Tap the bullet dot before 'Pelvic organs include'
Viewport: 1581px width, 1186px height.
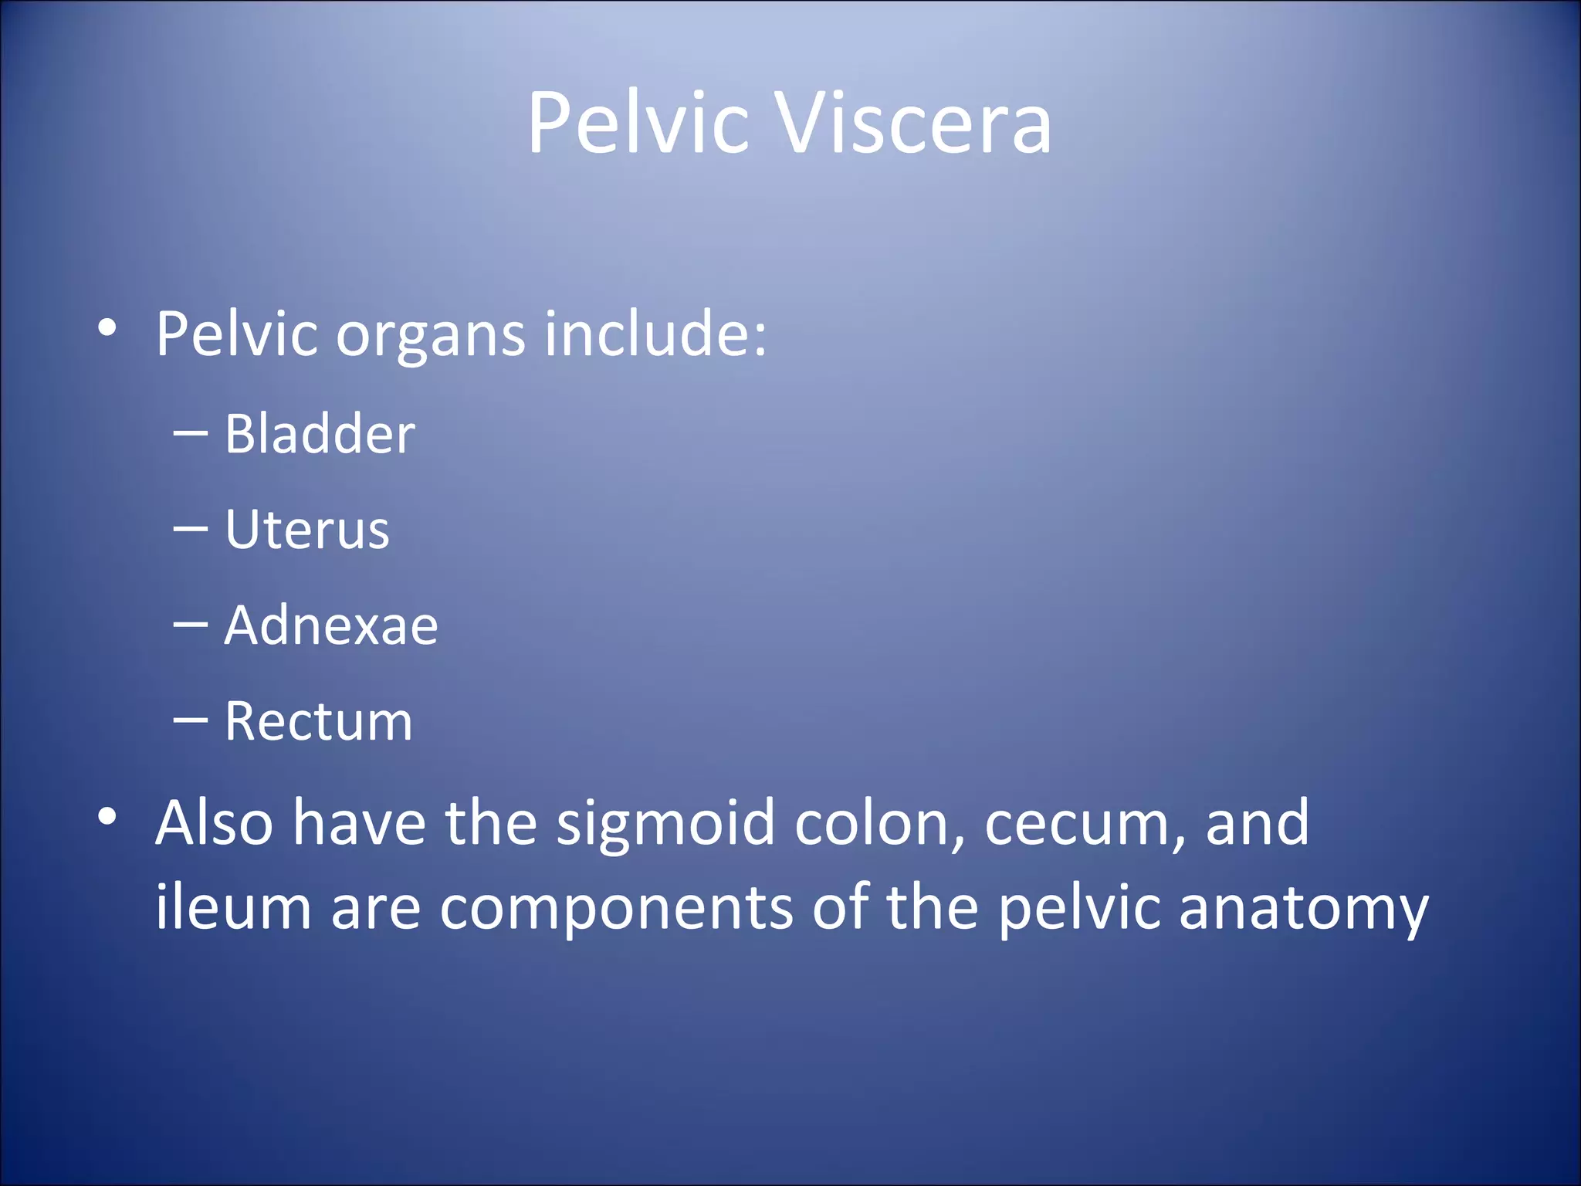[x=107, y=328]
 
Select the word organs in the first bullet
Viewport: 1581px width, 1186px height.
[x=431, y=334]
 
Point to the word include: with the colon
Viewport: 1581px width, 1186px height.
[x=655, y=334]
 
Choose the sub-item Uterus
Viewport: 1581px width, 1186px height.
[x=306, y=530]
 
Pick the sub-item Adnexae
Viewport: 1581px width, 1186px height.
[x=331, y=625]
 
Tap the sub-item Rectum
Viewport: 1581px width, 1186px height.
[x=318, y=721]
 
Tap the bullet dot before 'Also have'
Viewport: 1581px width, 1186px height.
[x=107, y=816]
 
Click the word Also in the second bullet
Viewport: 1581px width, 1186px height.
[x=214, y=823]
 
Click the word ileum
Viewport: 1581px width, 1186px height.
[x=232, y=907]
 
